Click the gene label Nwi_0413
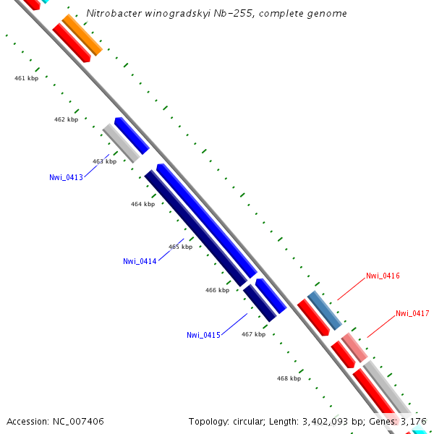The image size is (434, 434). click(66, 177)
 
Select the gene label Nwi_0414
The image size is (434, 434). click(140, 261)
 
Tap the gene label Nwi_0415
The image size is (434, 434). click(203, 335)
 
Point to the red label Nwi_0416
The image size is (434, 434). click(383, 276)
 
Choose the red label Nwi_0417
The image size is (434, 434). click(412, 313)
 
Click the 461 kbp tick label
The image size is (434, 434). click(26, 78)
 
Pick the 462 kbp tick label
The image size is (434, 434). click(66, 119)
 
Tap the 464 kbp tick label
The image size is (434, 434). click(142, 204)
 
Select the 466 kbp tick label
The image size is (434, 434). click(217, 290)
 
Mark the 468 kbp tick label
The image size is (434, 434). click(289, 378)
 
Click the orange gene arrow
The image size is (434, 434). click(82, 35)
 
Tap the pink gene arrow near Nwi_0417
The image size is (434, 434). click(354, 347)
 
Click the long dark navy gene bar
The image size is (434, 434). click(195, 228)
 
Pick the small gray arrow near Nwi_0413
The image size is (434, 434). click(121, 142)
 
